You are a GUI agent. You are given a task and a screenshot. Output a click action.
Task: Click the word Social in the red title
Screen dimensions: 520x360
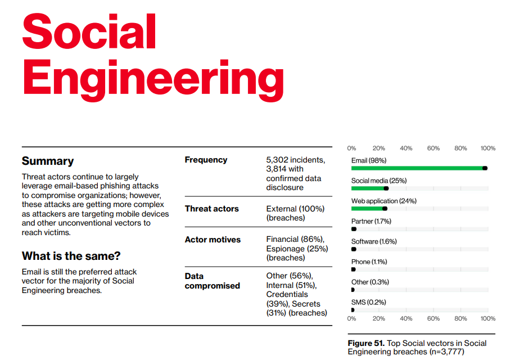click(x=89, y=31)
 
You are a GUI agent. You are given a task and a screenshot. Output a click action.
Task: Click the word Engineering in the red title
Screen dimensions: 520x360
click(x=153, y=80)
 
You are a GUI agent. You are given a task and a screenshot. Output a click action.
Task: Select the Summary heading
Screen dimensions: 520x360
click(x=48, y=161)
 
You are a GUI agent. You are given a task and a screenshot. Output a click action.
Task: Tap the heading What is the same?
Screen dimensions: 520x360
click(x=71, y=256)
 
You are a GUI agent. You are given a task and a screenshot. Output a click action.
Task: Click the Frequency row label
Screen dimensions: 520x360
click(x=206, y=160)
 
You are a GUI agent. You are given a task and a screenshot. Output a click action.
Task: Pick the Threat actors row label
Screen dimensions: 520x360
click(x=211, y=209)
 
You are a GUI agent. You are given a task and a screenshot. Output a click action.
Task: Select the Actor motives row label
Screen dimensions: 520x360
click(x=212, y=240)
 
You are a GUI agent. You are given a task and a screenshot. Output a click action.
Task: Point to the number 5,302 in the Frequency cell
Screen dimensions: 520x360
click(x=277, y=160)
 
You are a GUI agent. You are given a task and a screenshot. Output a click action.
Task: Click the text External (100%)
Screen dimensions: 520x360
click(x=295, y=209)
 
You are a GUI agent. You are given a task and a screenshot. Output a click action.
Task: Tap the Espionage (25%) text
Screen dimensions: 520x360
click(x=297, y=249)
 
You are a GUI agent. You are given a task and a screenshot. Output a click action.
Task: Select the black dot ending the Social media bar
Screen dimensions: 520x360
click(x=386, y=188)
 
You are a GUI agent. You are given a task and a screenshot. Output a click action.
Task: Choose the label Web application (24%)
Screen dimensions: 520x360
click(x=384, y=201)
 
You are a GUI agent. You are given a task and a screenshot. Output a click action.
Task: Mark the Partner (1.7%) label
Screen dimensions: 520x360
click(x=371, y=221)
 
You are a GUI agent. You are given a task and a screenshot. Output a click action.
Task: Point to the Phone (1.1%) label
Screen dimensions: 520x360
click(x=369, y=262)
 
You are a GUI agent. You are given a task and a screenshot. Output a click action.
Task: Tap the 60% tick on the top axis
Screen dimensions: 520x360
click(x=433, y=148)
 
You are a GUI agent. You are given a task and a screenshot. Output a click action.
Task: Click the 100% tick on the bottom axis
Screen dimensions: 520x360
click(x=488, y=318)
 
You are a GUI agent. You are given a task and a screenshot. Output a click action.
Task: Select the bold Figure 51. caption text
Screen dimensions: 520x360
click(x=366, y=343)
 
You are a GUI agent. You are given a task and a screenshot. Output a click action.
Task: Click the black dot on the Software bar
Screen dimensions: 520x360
click(x=354, y=249)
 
